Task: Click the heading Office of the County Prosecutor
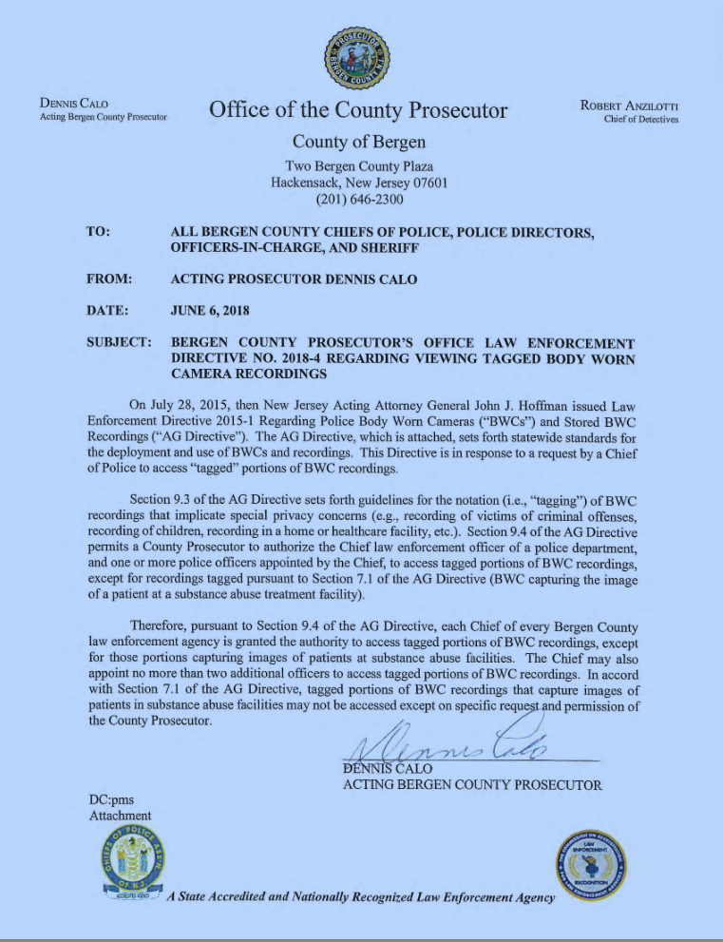click(x=358, y=110)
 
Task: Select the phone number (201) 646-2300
click(x=359, y=200)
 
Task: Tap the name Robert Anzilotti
click(x=629, y=105)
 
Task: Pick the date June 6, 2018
click(x=210, y=310)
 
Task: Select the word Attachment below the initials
click(x=120, y=816)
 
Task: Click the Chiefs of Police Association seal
click(x=131, y=864)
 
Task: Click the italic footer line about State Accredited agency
click(x=359, y=896)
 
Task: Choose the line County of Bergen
click(x=358, y=143)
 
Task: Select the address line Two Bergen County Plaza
click(x=359, y=165)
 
